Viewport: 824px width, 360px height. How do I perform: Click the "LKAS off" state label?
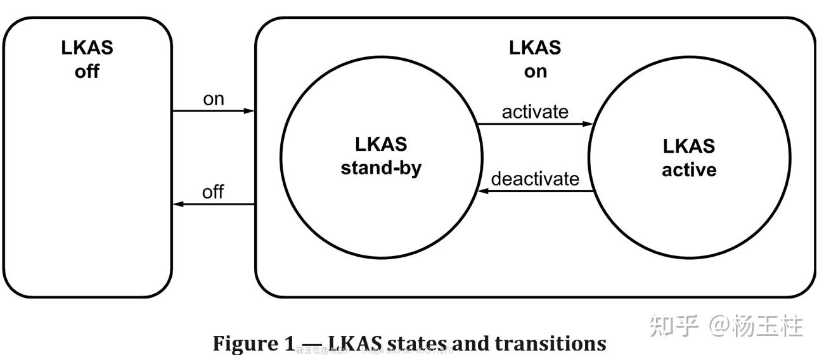[87, 60]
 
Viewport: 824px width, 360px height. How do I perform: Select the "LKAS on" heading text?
[535, 59]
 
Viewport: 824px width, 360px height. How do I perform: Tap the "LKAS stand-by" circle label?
[381, 156]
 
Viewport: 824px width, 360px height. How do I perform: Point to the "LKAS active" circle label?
[689, 158]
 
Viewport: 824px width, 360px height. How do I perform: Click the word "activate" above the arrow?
[535, 112]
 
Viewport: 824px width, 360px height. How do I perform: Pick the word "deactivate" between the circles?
[535, 179]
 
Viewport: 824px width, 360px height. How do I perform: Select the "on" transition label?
[214, 100]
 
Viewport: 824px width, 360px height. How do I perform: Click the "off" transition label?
[213, 192]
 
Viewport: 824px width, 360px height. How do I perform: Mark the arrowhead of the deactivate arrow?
[483, 191]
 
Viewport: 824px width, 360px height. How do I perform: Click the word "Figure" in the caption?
[244, 344]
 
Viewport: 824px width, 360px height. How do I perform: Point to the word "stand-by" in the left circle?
[381, 169]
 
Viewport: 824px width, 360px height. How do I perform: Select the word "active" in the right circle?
[689, 170]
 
